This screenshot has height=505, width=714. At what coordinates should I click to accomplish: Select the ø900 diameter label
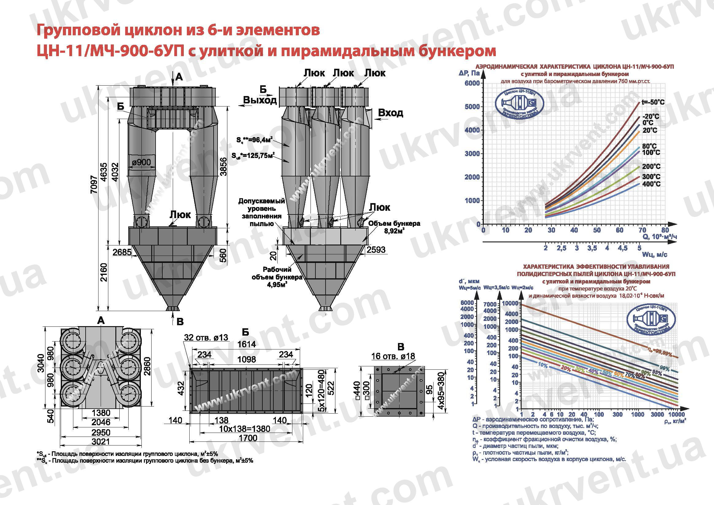[141, 162]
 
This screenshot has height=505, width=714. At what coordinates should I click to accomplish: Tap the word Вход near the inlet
[390, 113]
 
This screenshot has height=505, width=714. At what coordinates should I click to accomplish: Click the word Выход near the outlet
[260, 100]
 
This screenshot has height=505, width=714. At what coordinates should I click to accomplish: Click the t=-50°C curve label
[653, 102]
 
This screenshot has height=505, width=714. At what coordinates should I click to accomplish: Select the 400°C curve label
[651, 184]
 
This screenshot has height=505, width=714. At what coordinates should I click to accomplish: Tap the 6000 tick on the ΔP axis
[472, 83]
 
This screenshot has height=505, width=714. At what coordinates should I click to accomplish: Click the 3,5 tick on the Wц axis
[592, 248]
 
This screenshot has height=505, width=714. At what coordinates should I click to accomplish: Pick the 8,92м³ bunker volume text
[394, 231]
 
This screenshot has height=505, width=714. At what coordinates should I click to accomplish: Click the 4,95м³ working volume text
[277, 284]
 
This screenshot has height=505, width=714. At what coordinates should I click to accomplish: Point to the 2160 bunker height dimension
[103, 272]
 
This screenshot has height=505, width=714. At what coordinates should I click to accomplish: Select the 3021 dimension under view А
[101, 441]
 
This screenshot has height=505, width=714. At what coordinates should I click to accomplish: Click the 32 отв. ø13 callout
[206, 337]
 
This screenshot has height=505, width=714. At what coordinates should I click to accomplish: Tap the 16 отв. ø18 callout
[393, 356]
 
